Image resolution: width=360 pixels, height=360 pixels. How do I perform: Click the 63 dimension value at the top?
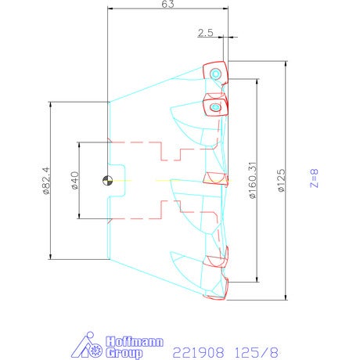point(167,4)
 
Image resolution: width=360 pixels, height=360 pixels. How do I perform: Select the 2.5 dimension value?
point(206,33)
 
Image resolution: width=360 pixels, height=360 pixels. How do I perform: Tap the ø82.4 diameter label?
point(45,181)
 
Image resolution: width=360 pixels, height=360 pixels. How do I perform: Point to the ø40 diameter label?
point(74,180)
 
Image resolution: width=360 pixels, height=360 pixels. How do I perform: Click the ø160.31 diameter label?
point(253,180)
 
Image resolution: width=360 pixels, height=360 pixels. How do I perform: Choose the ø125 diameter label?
point(282,181)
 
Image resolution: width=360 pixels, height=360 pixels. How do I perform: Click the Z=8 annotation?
point(314,178)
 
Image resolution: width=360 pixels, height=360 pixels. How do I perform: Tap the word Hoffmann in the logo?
point(135,341)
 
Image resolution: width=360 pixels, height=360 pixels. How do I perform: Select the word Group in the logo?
point(124,353)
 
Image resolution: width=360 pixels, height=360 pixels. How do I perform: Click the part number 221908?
point(198,353)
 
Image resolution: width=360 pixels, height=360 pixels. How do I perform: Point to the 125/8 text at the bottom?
point(257,353)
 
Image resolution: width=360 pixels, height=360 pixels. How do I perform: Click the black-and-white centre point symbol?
point(107,181)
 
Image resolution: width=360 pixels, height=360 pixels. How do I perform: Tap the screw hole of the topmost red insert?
point(215,74)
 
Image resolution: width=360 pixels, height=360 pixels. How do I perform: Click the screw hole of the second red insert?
point(215,107)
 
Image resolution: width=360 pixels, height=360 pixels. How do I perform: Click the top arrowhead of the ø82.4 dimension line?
point(50,104)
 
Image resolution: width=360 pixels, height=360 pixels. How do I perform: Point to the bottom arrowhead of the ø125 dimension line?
point(286,297)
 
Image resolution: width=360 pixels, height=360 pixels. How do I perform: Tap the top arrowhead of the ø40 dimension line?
point(79,145)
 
